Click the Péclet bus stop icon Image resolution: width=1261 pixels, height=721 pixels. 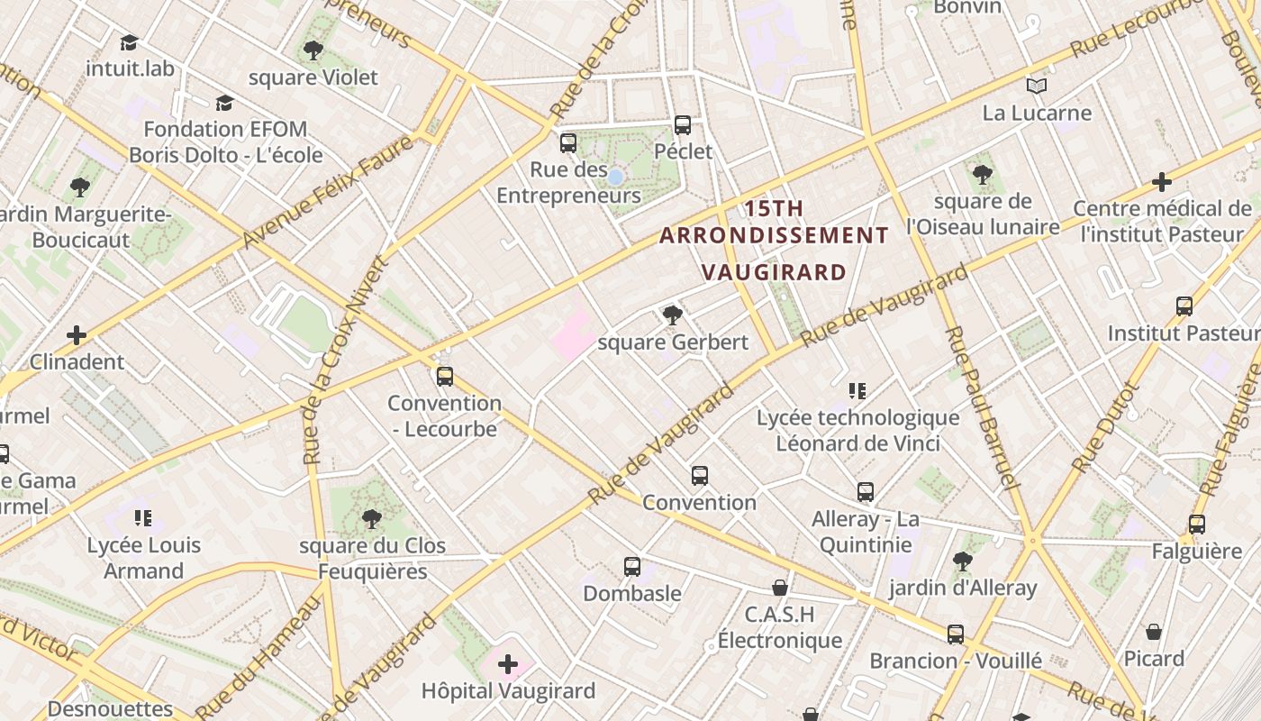click(x=683, y=125)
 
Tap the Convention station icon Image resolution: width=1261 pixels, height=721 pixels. click(x=700, y=476)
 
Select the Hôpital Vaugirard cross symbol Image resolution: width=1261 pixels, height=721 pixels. click(x=508, y=665)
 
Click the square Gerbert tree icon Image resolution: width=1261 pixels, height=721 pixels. click(x=672, y=315)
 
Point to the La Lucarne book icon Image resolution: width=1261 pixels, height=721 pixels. click(x=1037, y=87)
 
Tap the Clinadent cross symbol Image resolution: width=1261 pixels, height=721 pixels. click(x=77, y=335)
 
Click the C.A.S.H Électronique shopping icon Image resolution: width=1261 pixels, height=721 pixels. click(x=780, y=588)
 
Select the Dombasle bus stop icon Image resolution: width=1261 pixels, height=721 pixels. click(x=632, y=567)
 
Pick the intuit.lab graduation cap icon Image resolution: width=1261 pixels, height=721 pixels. click(x=129, y=42)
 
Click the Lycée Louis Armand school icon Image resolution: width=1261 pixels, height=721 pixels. click(x=143, y=518)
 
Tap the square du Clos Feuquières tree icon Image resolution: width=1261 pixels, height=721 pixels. click(x=371, y=519)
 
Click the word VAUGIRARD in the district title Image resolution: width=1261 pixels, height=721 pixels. click(x=774, y=272)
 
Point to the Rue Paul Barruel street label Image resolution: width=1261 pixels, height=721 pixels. click(x=981, y=406)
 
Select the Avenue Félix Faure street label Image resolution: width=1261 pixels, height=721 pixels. click(x=329, y=191)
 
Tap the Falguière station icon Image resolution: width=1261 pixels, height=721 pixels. click(x=1196, y=525)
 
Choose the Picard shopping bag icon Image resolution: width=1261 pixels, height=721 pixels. click(x=1154, y=632)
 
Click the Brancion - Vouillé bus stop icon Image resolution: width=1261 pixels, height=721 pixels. click(x=956, y=634)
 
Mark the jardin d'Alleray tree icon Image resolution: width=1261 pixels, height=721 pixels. click(x=963, y=561)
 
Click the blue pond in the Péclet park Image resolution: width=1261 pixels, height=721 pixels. click(x=615, y=178)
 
